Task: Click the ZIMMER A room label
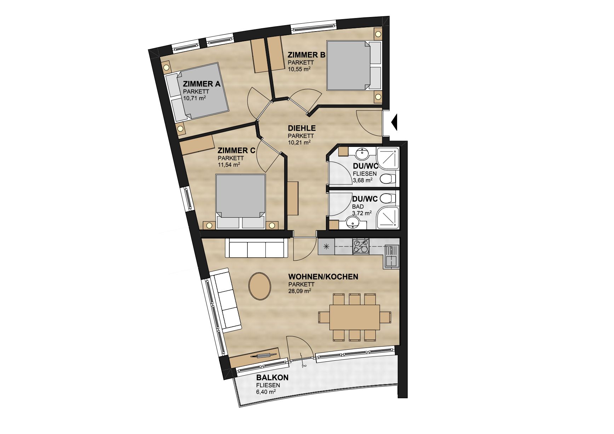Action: pyautogui.click(x=202, y=84)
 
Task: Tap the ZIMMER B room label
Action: pyautogui.click(x=306, y=55)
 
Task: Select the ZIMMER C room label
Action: pyautogui.click(x=236, y=150)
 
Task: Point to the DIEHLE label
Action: pyautogui.click(x=302, y=128)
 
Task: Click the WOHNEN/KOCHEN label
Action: pyautogui.click(x=323, y=276)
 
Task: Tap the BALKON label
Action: pyautogui.click(x=272, y=377)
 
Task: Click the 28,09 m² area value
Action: pyautogui.click(x=300, y=291)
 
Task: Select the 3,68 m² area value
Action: pyautogui.click(x=362, y=180)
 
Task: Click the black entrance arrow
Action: pyautogui.click(x=395, y=122)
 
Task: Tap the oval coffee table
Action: pyautogui.click(x=260, y=286)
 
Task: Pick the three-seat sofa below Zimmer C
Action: pyautogui.click(x=257, y=248)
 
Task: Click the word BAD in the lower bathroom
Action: pyautogui.click(x=358, y=207)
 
